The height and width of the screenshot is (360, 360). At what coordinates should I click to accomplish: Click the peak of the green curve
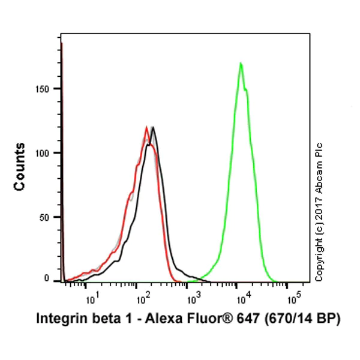click(x=241, y=63)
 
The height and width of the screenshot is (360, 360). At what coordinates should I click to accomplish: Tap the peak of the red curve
click(x=146, y=127)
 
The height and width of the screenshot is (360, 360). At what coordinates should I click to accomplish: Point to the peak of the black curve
click(x=154, y=127)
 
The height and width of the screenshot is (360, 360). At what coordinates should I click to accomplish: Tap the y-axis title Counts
click(x=20, y=167)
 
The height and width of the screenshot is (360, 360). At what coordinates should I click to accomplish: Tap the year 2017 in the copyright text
click(x=319, y=225)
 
